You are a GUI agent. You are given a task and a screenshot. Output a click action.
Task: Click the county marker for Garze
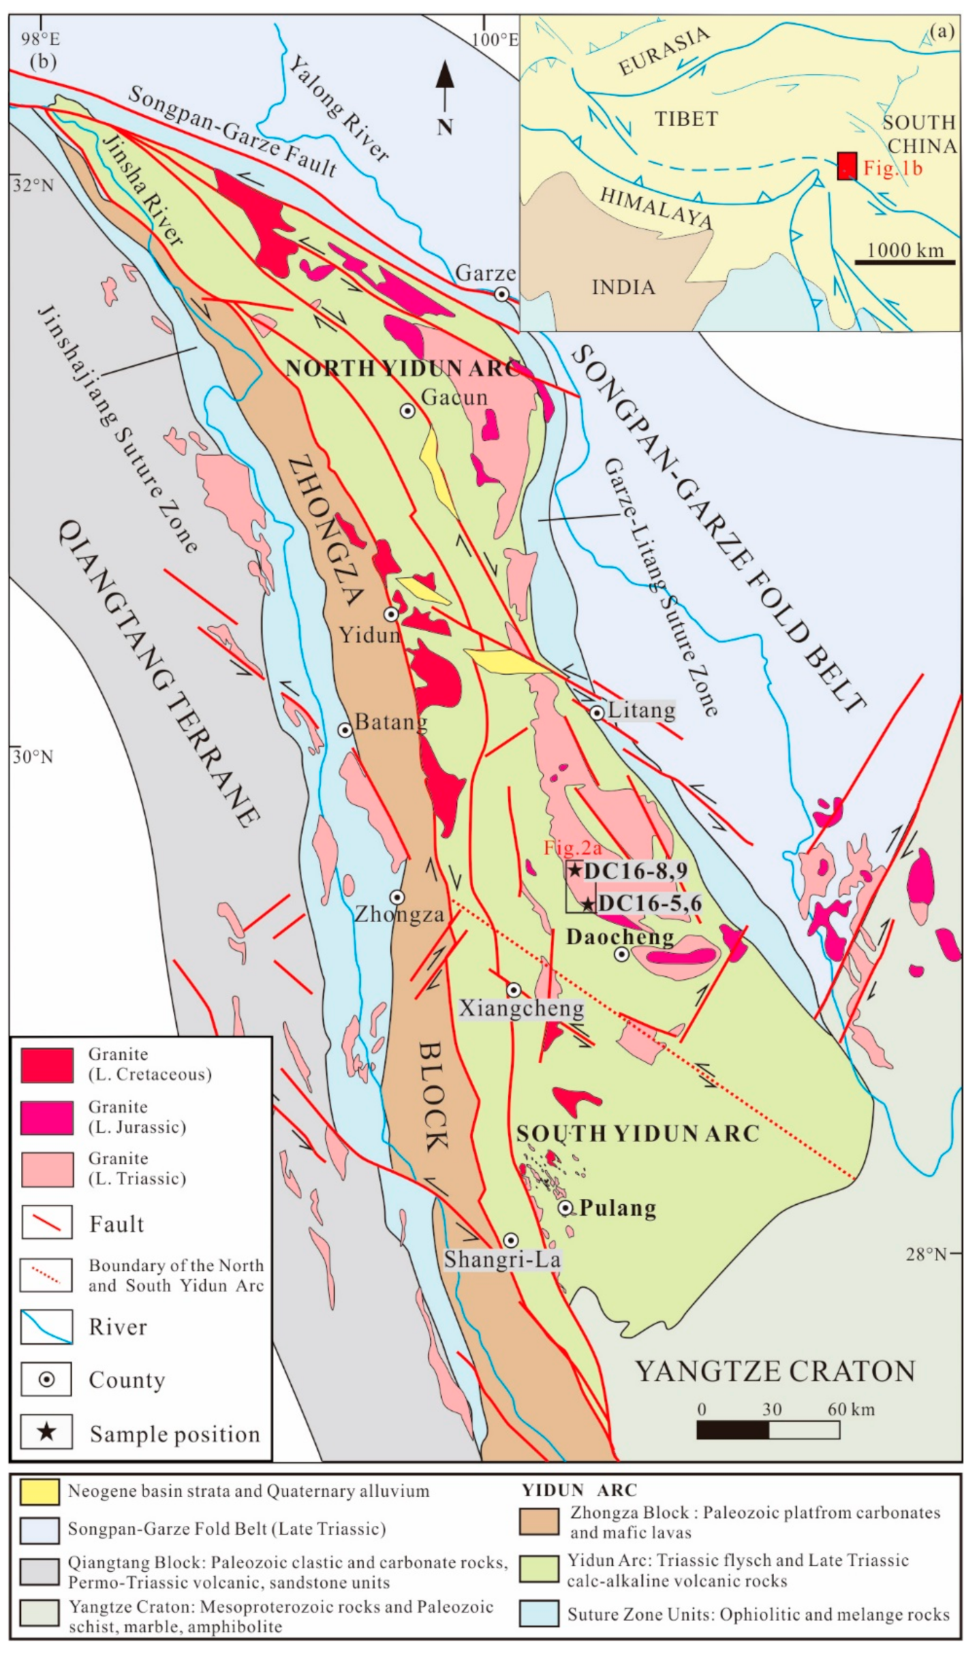coord(502,294)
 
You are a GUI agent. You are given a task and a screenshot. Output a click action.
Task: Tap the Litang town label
coord(640,711)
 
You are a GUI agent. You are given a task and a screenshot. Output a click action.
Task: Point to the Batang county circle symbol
coord(345,730)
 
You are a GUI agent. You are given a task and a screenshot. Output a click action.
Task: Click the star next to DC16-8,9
coord(574,870)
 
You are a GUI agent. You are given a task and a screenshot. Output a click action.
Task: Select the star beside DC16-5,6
coord(587,903)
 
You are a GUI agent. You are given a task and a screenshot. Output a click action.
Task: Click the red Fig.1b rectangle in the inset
coord(847,166)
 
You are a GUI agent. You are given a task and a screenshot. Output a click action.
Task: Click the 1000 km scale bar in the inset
coord(905,262)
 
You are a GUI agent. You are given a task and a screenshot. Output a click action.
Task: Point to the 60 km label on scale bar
coord(851,1410)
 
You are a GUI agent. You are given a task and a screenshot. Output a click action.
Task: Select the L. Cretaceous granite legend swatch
coord(47,1065)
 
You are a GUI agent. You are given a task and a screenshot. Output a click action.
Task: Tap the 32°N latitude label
coord(33,185)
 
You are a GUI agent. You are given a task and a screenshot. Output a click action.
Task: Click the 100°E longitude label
coord(494,40)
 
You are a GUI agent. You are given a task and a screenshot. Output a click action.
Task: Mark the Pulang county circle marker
coord(565,1208)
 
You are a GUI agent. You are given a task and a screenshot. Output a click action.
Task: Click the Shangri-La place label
coord(502,1259)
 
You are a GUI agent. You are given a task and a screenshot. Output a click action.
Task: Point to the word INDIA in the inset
coord(623,288)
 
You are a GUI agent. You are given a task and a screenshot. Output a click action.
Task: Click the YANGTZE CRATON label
coord(775,1371)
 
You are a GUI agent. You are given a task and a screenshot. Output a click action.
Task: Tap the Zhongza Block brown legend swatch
coord(539,1522)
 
